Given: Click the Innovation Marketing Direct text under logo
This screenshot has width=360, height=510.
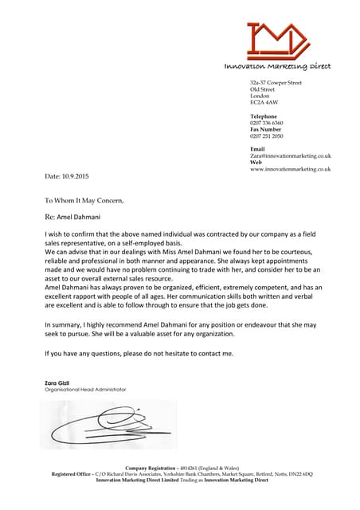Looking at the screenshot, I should pyautogui.click(x=277, y=66).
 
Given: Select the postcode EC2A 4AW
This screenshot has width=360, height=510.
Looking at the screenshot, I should pyautogui.click(x=264, y=103).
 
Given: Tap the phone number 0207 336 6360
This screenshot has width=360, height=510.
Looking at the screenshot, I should pyautogui.click(x=267, y=123).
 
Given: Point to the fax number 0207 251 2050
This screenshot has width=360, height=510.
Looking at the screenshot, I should pyautogui.click(x=267, y=136).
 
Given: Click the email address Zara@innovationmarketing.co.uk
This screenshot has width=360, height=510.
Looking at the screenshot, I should pyautogui.click(x=290, y=155).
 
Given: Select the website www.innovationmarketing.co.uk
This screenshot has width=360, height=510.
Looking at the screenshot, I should pyautogui.click(x=290, y=169).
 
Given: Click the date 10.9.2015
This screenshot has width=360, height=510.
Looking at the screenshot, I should pyautogui.click(x=67, y=175).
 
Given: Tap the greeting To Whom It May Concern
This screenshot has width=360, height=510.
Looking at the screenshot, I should pyautogui.click(x=84, y=200).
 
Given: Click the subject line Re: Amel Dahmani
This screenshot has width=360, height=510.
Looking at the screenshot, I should pyautogui.click(x=72, y=216).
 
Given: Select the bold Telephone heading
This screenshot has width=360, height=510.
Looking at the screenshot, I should pyautogui.click(x=264, y=116).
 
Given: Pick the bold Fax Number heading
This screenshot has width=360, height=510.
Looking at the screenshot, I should pyautogui.click(x=266, y=129).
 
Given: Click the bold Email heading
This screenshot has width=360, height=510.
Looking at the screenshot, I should pyautogui.click(x=257, y=149).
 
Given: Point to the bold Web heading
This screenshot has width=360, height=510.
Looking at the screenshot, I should pyautogui.click(x=256, y=162).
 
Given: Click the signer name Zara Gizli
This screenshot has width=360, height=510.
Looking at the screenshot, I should pyautogui.click(x=57, y=382).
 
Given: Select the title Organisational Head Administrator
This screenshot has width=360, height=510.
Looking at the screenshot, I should pyautogui.click(x=85, y=389).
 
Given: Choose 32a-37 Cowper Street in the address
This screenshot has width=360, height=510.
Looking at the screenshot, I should pyautogui.click(x=276, y=83).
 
